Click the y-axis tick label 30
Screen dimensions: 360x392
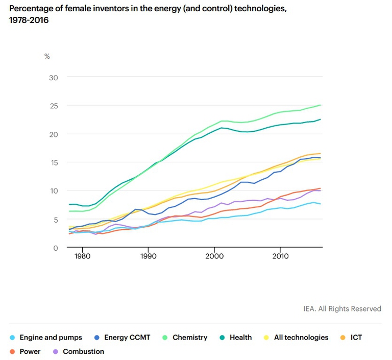pyautogui.click(x=54, y=77)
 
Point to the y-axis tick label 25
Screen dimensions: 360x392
pyautogui.click(x=54, y=106)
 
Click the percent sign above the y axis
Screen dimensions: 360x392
pyautogui.click(x=47, y=56)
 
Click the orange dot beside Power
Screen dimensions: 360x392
pyautogui.click(x=12, y=351)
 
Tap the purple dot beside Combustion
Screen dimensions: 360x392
pyautogui.click(x=56, y=351)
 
